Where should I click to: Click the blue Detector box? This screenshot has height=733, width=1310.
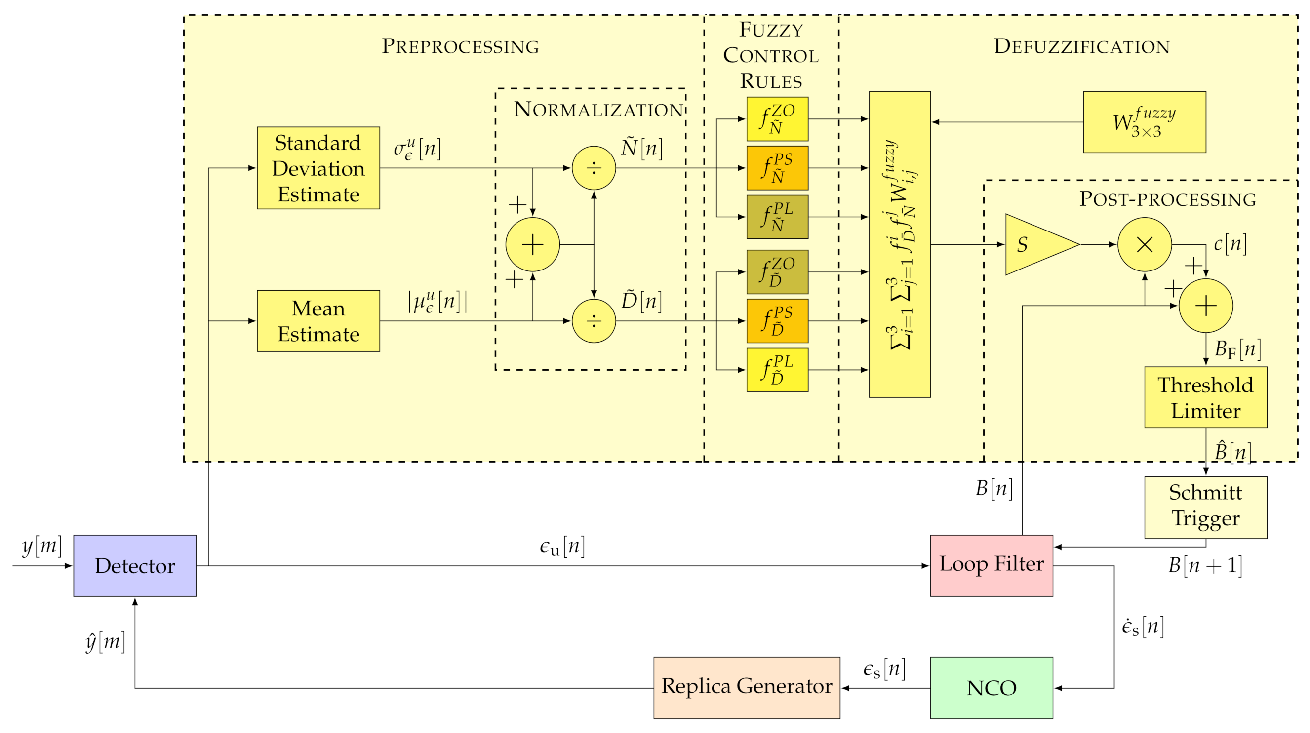point(135,565)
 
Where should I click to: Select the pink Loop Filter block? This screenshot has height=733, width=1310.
point(991,565)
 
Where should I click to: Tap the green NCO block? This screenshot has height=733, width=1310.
point(991,688)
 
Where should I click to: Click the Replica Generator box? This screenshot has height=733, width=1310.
point(747,688)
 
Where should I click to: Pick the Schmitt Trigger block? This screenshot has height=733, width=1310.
point(1205,507)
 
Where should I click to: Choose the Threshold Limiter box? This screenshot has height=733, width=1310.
point(1205,397)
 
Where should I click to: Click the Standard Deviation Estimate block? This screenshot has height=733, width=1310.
point(318,168)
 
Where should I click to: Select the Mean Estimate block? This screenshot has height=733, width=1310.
point(318,321)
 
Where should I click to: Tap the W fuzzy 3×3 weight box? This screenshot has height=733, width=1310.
point(1144,122)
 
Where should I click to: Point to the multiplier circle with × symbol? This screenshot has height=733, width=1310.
point(1144,244)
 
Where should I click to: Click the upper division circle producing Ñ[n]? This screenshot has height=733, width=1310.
point(594,168)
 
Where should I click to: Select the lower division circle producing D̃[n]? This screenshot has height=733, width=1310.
point(594,321)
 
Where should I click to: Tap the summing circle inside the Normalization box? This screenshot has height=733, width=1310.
point(532,244)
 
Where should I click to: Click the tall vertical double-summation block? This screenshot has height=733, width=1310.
point(900,244)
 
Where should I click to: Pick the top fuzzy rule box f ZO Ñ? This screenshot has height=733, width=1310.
point(777,119)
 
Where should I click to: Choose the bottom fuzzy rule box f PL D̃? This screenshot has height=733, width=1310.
point(777,370)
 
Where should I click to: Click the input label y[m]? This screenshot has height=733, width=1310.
point(41,546)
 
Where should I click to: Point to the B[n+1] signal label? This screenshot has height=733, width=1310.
point(1205,565)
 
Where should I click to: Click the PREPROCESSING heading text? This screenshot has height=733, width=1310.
point(460,46)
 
